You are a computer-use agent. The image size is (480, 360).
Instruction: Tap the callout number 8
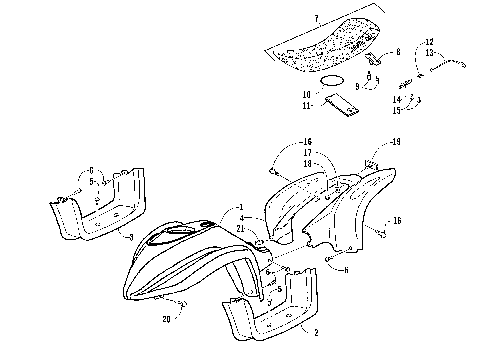(x=397, y=52)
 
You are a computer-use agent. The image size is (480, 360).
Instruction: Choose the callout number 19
(x=396, y=144)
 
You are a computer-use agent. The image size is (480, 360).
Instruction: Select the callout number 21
(x=240, y=229)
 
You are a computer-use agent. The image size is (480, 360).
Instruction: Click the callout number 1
(x=240, y=205)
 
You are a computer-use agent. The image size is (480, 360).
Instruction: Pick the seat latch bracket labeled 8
(x=376, y=56)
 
